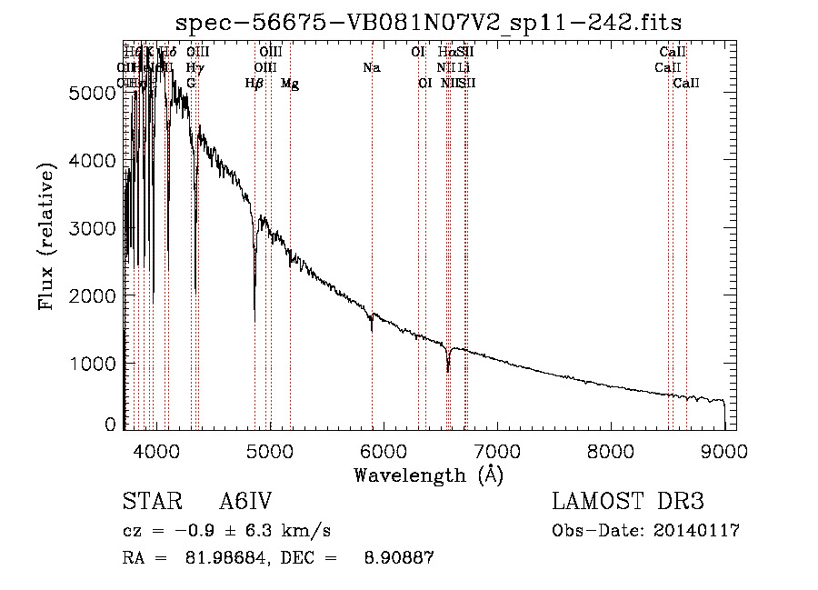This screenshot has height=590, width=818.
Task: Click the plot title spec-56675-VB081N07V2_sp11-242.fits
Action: coord(429,21)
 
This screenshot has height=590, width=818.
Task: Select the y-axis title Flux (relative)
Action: coord(46,235)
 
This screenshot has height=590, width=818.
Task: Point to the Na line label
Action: coord(371,67)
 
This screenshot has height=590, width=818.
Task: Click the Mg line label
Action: coord(290,84)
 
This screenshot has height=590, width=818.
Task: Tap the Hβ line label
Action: coord(254,84)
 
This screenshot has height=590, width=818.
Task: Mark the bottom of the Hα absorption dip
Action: coord(447,371)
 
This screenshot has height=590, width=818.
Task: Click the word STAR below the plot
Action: coord(148,502)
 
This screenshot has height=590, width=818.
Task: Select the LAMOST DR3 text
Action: coord(627,502)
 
